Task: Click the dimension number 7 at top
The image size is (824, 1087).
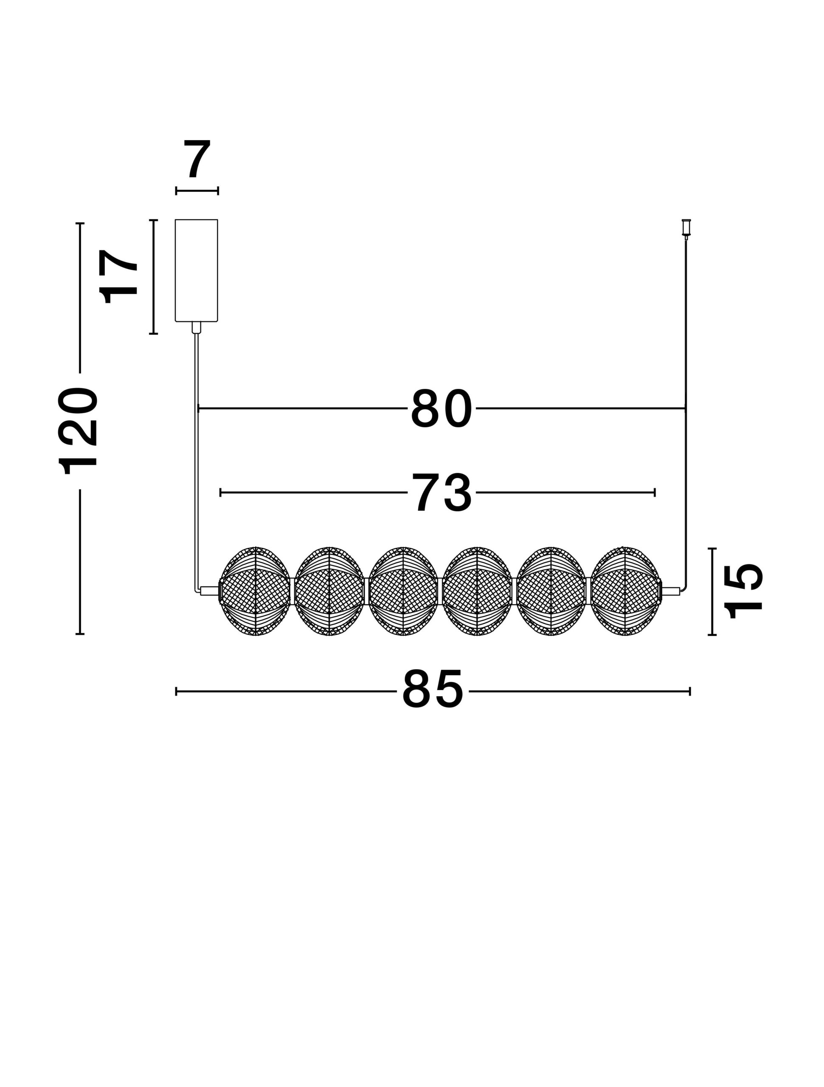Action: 197,159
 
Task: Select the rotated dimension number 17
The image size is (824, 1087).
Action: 118,277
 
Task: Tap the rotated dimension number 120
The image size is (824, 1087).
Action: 78,431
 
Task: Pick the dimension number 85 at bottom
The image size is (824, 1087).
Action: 433,690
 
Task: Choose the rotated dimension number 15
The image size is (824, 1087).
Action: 743,591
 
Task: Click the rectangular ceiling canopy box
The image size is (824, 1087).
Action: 196,270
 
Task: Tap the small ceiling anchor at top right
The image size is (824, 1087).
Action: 686,227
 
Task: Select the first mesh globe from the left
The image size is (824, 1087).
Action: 256,591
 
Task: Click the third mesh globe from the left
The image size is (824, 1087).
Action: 403,591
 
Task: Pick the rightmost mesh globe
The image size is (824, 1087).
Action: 624,591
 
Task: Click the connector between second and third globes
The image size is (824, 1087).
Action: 366,591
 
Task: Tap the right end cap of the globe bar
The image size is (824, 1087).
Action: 671,591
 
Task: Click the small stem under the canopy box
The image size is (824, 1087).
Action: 196,327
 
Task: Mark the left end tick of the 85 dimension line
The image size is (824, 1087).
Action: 176,691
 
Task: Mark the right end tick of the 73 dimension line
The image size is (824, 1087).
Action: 655,493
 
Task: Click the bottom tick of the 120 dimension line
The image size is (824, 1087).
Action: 80,634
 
